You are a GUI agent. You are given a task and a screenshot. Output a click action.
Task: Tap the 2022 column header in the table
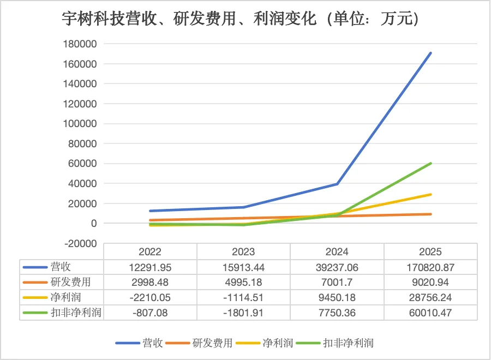point(150,252)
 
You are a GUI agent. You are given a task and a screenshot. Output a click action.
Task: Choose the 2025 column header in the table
point(431,252)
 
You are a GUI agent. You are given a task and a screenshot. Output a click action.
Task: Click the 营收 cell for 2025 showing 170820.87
point(431,267)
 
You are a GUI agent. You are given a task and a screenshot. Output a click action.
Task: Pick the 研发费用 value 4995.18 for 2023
point(243,283)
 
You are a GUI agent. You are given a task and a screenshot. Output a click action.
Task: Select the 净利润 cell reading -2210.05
point(150,298)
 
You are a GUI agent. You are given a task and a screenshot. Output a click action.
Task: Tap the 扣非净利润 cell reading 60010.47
point(431,313)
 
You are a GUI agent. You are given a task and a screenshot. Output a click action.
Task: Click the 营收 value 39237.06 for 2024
point(337,267)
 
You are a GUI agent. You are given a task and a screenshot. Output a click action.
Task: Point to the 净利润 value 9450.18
point(337,298)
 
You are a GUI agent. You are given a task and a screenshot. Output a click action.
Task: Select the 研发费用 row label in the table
point(61,283)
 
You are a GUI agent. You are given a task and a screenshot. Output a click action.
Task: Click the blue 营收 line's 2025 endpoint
point(431,53)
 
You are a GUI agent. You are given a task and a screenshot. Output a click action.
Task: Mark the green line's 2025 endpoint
point(431,163)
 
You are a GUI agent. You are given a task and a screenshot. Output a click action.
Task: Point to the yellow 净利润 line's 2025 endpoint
point(431,194)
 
